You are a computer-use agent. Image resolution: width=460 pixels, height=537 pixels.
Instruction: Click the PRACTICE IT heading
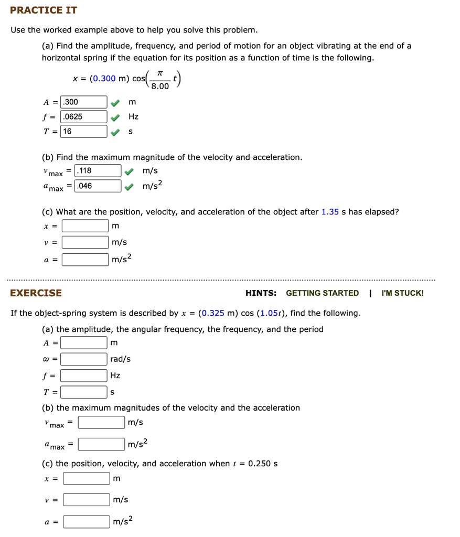(x=44, y=10)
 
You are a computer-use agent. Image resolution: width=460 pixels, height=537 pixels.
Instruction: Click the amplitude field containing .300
(x=84, y=102)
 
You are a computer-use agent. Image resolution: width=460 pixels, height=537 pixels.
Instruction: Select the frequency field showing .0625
(x=84, y=116)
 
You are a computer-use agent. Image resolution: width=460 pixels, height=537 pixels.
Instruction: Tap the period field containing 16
(x=84, y=131)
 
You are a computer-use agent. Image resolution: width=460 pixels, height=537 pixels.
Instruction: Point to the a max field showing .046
(x=98, y=186)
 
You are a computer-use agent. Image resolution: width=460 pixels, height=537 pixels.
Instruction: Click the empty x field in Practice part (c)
(x=85, y=226)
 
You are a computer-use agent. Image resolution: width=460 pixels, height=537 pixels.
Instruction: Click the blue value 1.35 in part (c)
(x=330, y=212)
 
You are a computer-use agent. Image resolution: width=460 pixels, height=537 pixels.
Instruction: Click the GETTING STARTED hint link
(x=322, y=293)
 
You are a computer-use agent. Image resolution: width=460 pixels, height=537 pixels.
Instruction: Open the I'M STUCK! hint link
(x=402, y=293)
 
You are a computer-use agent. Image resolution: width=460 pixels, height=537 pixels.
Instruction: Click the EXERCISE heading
(x=36, y=293)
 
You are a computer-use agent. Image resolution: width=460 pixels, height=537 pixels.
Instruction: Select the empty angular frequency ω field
(x=84, y=359)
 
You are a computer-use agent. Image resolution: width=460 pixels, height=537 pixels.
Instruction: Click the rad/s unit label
(x=121, y=359)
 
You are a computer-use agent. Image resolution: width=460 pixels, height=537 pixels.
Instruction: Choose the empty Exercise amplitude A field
(x=84, y=343)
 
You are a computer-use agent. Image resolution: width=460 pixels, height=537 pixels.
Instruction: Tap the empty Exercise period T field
(x=84, y=392)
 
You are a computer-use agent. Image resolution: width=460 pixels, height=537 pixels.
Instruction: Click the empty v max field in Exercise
(x=102, y=422)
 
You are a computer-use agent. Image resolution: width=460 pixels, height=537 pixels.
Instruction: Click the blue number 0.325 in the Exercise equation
(x=213, y=313)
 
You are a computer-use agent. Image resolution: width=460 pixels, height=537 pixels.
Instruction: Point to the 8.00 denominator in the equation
(x=160, y=87)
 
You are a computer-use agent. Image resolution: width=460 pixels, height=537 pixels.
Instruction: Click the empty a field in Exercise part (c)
(x=87, y=521)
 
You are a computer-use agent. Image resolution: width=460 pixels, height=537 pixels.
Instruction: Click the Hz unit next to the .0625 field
(x=133, y=116)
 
